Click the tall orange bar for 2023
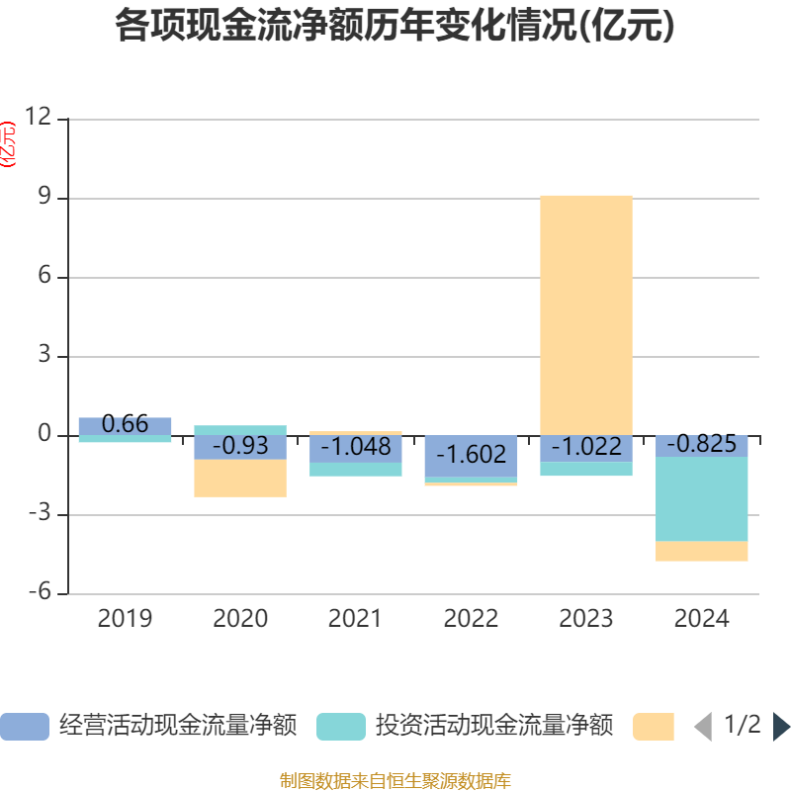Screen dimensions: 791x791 pos(586,314)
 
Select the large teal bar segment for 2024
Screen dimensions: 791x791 pos(702,499)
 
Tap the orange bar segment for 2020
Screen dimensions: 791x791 pos(239,479)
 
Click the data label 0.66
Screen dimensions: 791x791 pos(125,425)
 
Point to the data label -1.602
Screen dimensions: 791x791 pos(471,455)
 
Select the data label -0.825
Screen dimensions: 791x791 pos(701,445)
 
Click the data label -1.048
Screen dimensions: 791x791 pos(355,447)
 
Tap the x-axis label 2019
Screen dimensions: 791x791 pos(125,619)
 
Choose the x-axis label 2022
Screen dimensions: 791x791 pos(471,619)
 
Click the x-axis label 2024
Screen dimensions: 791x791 pos(701,619)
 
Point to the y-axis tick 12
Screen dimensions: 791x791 pos(38,118)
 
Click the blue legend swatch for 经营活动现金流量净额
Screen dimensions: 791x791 pos(24,727)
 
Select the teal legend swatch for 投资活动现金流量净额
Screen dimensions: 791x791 pos(340,727)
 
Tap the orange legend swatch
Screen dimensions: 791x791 pos(653,727)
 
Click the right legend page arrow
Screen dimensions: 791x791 pos(781,727)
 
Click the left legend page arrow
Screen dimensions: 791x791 pos(703,727)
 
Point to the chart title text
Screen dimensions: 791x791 pos(395,27)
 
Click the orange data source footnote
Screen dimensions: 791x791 pos(395,781)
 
